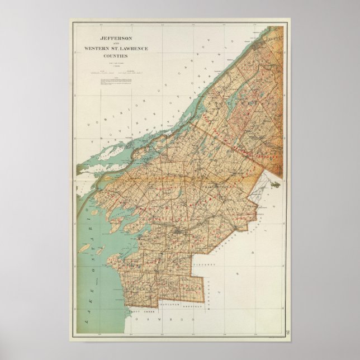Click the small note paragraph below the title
(x=115, y=82)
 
